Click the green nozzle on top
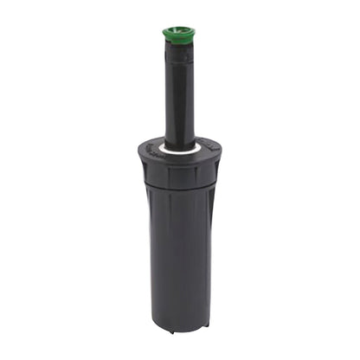point(178,35)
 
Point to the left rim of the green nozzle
point(164,34)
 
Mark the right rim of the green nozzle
point(193,34)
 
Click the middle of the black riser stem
point(178,95)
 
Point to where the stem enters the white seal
point(178,145)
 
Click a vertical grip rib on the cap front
point(170,176)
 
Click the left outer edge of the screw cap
point(138,169)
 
